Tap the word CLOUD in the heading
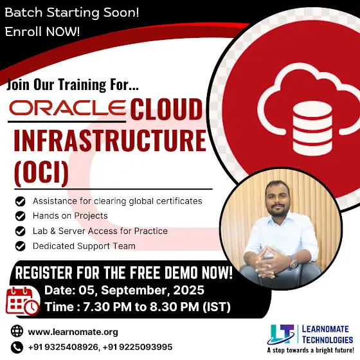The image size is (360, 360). tap(166, 109)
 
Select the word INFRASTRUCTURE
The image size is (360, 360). tap(110, 140)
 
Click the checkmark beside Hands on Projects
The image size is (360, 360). tap(20, 216)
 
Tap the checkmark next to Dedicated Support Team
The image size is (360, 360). tap(20, 246)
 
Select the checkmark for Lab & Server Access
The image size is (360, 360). tap(20, 231)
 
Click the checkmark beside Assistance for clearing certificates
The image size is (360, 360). tap(20, 201)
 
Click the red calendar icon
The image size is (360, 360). tap(22, 301)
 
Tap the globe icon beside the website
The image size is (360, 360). tap(17, 331)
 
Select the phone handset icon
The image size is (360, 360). tap(17, 347)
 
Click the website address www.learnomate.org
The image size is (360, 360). tap(73, 332)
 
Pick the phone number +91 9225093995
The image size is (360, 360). tap(138, 347)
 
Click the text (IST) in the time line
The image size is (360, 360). tap(217, 307)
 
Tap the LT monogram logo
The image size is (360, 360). tap(281, 334)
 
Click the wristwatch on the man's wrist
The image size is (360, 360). tap(293, 263)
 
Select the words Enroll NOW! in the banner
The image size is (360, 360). tap(42, 32)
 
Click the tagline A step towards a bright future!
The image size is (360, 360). tap(310, 350)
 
